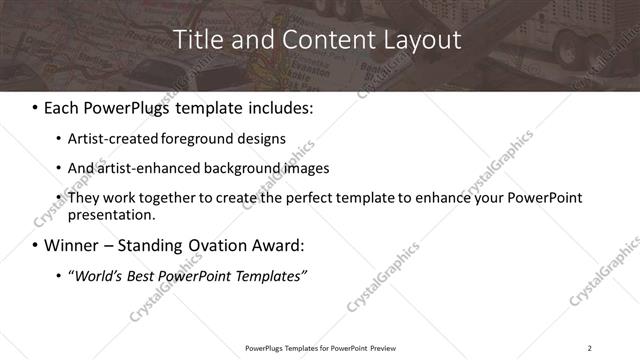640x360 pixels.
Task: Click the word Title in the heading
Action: (x=198, y=41)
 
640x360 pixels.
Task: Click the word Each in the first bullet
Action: (x=64, y=106)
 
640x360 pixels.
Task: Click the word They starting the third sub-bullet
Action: (x=83, y=197)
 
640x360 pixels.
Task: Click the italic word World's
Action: (x=96, y=275)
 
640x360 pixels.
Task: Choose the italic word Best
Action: (x=143, y=275)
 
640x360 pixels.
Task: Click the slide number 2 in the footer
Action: (x=589, y=348)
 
